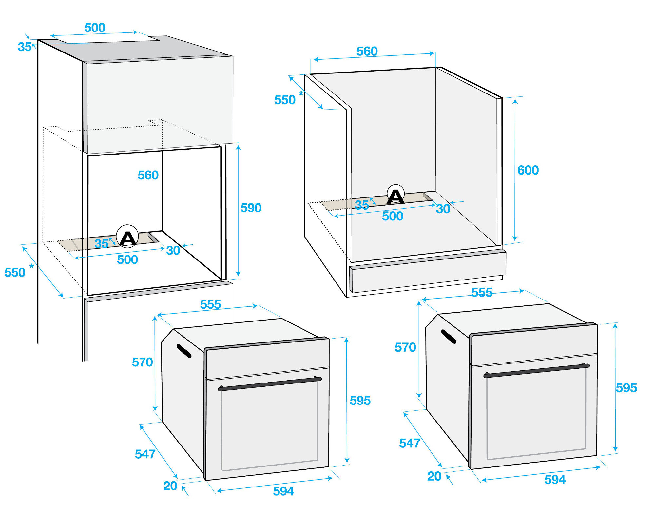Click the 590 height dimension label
pos(251,208)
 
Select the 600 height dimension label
pos(528,170)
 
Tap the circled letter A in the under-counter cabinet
pos(395,196)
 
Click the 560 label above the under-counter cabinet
pos(367,52)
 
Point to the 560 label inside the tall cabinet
pos(148,175)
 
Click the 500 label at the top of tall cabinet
pos(95,28)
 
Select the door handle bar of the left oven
pos(269,384)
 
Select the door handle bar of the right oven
pos(536,370)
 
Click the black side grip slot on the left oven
pos(184,351)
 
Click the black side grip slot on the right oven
pos(449,337)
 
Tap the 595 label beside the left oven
pos(360,401)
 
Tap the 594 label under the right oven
pos(554,480)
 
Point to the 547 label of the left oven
pos(145,454)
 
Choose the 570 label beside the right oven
pos(405,347)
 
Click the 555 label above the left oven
pos(210,305)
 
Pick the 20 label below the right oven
pos(434,476)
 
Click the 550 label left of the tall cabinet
pos(15,273)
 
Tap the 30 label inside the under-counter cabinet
pos(443,209)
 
